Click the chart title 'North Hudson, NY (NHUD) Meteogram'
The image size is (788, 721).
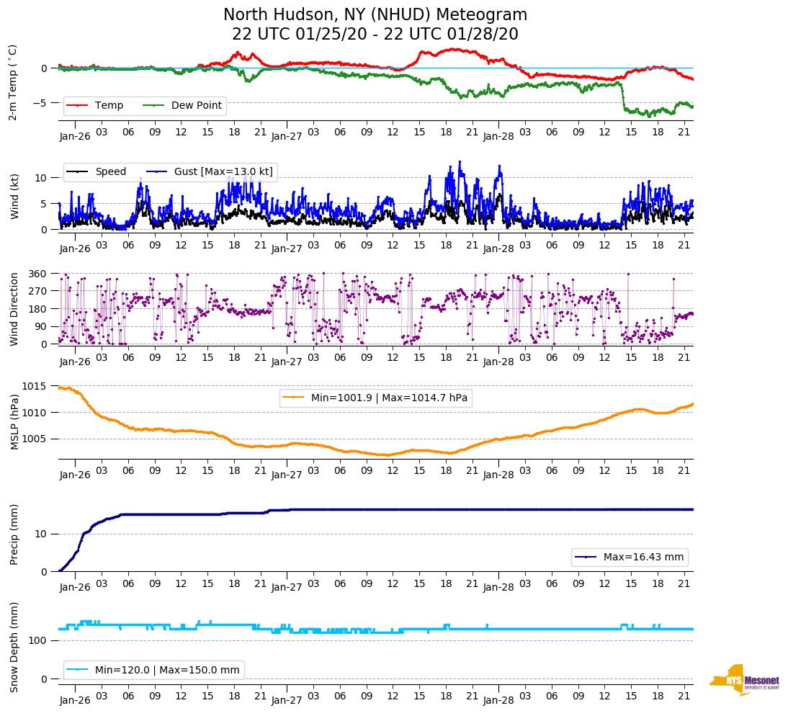(375, 15)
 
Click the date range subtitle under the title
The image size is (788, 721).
(375, 35)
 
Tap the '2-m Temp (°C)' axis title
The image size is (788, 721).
(13, 82)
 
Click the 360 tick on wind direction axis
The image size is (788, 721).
(37, 274)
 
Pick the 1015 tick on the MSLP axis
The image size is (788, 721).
(35, 387)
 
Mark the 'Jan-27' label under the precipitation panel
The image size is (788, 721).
(287, 588)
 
